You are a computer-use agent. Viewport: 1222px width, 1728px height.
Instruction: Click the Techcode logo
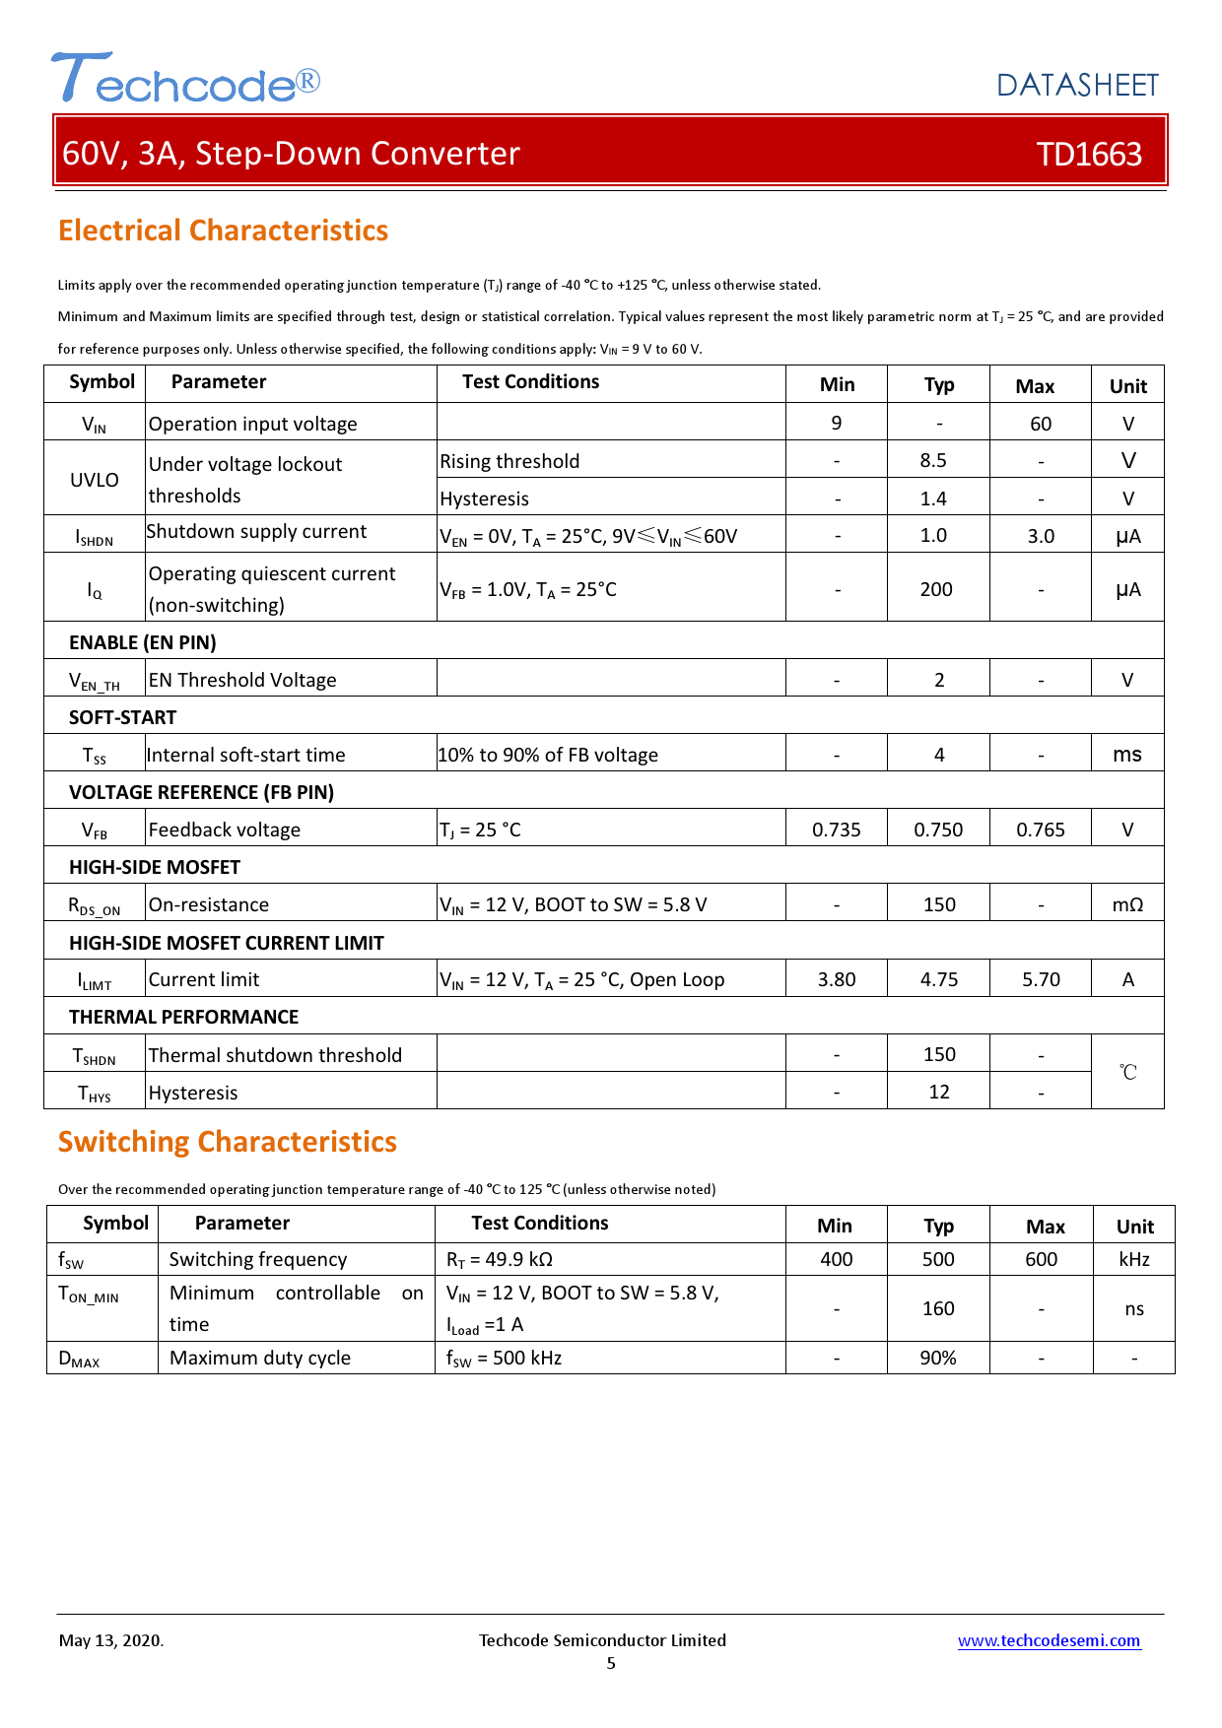point(185,79)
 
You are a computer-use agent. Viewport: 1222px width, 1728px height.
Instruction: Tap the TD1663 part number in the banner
point(1089,154)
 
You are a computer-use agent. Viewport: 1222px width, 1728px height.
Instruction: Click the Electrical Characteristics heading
point(223,231)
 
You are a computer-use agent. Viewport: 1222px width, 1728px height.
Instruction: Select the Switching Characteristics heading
point(227,1142)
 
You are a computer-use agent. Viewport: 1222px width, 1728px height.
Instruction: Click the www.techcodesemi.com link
point(1049,1640)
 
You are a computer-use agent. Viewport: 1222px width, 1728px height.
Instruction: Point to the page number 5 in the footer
point(611,1663)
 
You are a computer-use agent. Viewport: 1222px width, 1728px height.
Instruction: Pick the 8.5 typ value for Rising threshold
point(933,461)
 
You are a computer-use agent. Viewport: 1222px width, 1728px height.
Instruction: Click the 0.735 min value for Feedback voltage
point(836,830)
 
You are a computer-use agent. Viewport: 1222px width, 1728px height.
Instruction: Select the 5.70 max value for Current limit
point(1041,979)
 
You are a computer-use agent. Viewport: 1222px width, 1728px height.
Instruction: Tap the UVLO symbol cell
point(95,480)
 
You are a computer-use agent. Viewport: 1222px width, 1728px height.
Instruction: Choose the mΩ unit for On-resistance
point(1127,904)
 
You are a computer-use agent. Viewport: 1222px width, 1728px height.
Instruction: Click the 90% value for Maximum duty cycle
point(938,1358)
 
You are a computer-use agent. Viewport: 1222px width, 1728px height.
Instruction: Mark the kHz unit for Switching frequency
point(1134,1259)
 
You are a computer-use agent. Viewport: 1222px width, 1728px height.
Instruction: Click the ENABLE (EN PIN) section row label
point(143,642)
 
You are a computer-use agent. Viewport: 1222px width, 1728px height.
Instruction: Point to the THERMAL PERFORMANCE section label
point(183,1017)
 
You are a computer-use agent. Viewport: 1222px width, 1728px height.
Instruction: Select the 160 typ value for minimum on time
point(938,1308)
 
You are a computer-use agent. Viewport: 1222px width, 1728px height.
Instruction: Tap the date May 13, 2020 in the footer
point(111,1640)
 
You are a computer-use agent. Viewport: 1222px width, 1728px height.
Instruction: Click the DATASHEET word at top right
point(1077,86)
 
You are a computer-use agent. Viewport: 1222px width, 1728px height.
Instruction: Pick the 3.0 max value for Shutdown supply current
point(1041,536)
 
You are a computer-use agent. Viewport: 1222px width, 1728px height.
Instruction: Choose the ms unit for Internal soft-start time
point(1127,755)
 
